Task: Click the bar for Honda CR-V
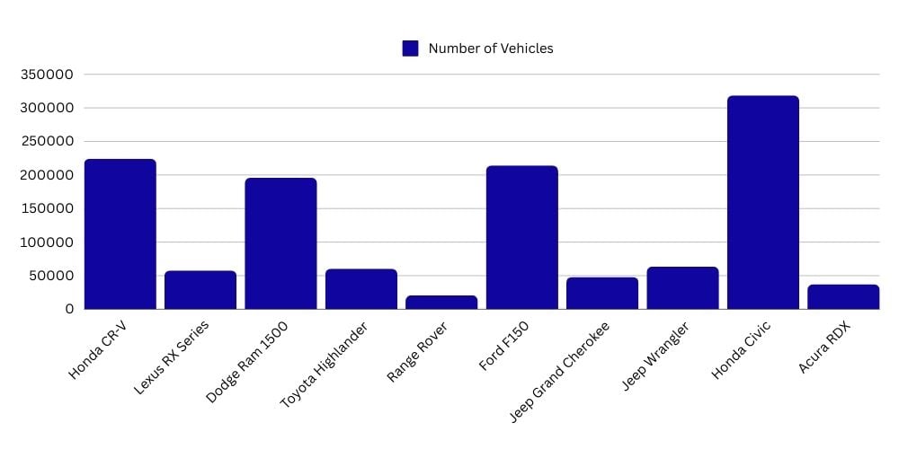120,234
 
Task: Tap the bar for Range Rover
441,302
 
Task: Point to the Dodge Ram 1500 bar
280,243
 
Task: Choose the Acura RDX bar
843,296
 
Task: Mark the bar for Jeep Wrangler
682,287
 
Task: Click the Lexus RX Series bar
200,289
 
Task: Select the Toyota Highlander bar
360,288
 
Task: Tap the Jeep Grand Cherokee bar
602,293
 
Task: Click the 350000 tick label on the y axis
46,75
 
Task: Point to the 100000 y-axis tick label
46,242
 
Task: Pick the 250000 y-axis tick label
46,142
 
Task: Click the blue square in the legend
410,48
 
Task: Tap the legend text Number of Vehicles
491,48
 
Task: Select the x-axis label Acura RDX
824,348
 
